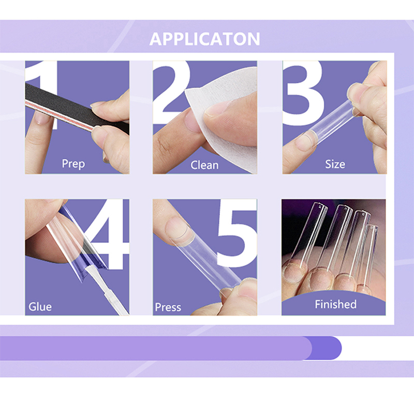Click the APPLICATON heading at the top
[x=204, y=39]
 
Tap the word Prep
[x=73, y=164]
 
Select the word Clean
[x=204, y=165]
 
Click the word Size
[x=335, y=164]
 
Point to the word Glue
[x=40, y=307]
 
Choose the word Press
[x=168, y=307]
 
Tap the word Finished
[x=335, y=304]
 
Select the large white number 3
[x=303, y=93]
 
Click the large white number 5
[x=237, y=234]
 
